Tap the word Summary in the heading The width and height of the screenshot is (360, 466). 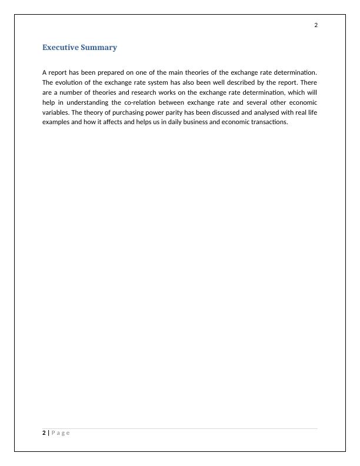101,48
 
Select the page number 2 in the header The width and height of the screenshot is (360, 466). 316,25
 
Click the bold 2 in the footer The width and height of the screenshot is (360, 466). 44,433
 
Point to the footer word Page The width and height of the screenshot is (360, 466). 61,433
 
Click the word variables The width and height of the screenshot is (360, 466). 56,112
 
